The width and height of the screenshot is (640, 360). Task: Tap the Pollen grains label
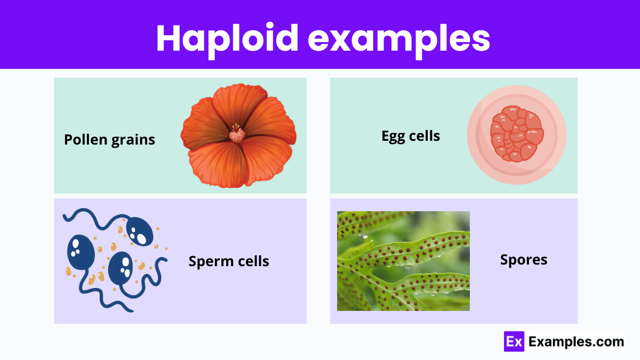[x=109, y=140]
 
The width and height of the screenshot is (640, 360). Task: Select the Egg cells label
[x=411, y=136]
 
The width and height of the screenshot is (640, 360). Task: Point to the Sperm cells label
[x=229, y=261]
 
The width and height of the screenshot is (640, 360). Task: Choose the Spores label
[x=524, y=260]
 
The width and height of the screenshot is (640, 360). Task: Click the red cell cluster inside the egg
[x=517, y=137]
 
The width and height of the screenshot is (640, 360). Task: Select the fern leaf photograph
[x=403, y=261]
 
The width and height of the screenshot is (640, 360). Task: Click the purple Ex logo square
[x=514, y=342]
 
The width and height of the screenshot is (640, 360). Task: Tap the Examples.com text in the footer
[x=575, y=342]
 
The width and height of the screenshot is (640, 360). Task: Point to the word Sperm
[x=209, y=261]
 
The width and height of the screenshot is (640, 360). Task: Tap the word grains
[x=133, y=140]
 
